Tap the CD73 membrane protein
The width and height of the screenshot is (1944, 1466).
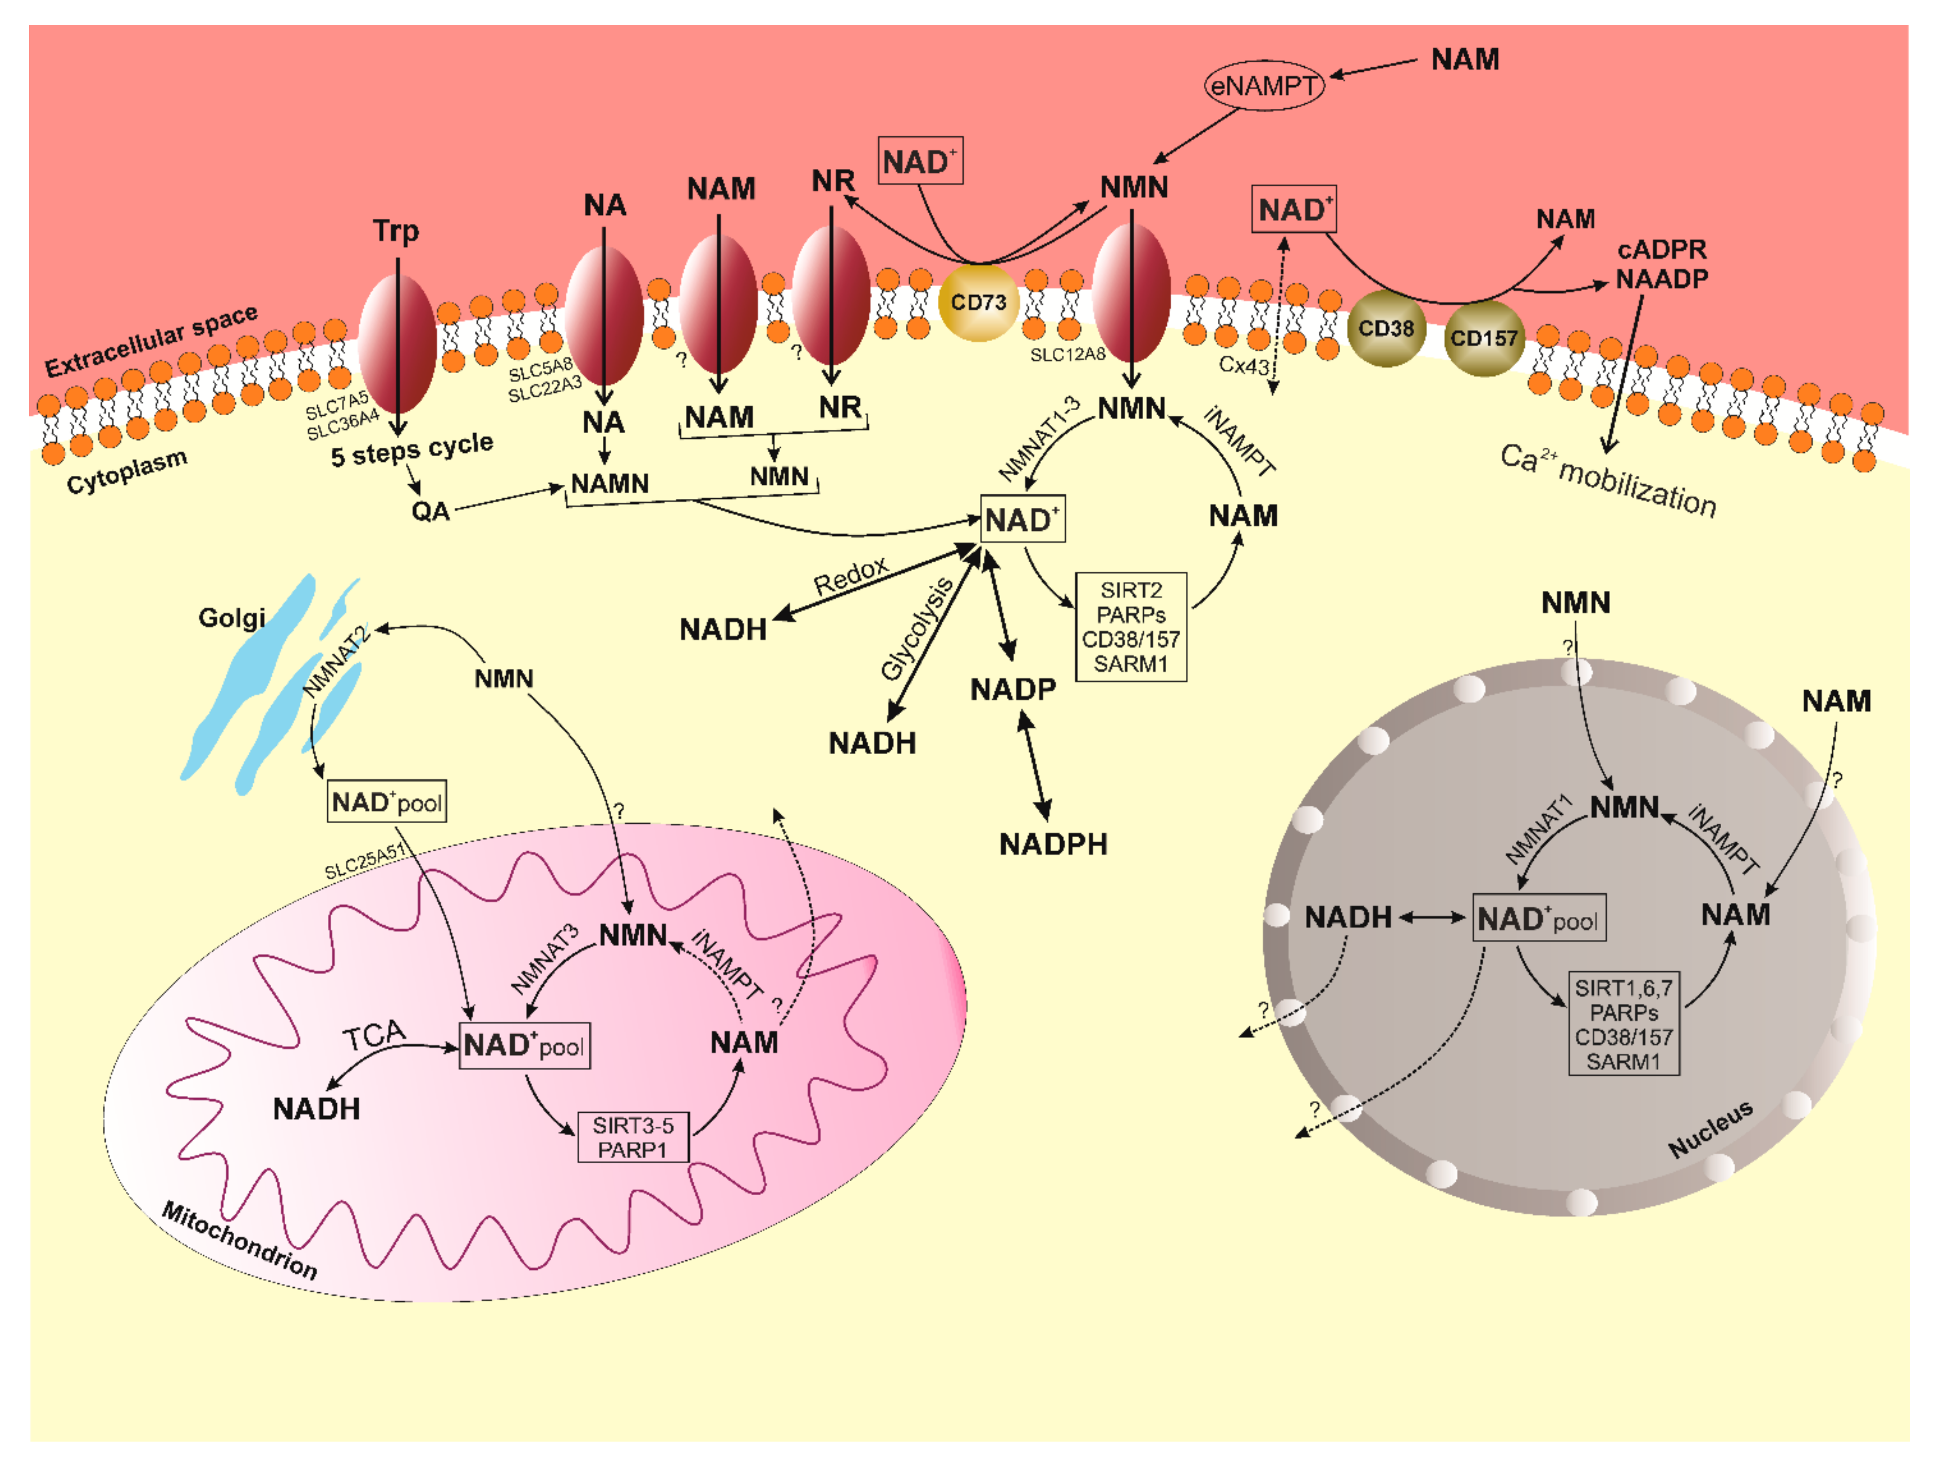coord(978,302)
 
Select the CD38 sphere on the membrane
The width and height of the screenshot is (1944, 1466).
coord(1386,328)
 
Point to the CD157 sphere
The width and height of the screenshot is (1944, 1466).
coord(1483,338)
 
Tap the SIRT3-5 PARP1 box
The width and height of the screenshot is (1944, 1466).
coord(633,1138)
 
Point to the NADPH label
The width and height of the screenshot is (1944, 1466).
coord(1053,845)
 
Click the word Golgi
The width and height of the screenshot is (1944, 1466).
coord(231,618)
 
